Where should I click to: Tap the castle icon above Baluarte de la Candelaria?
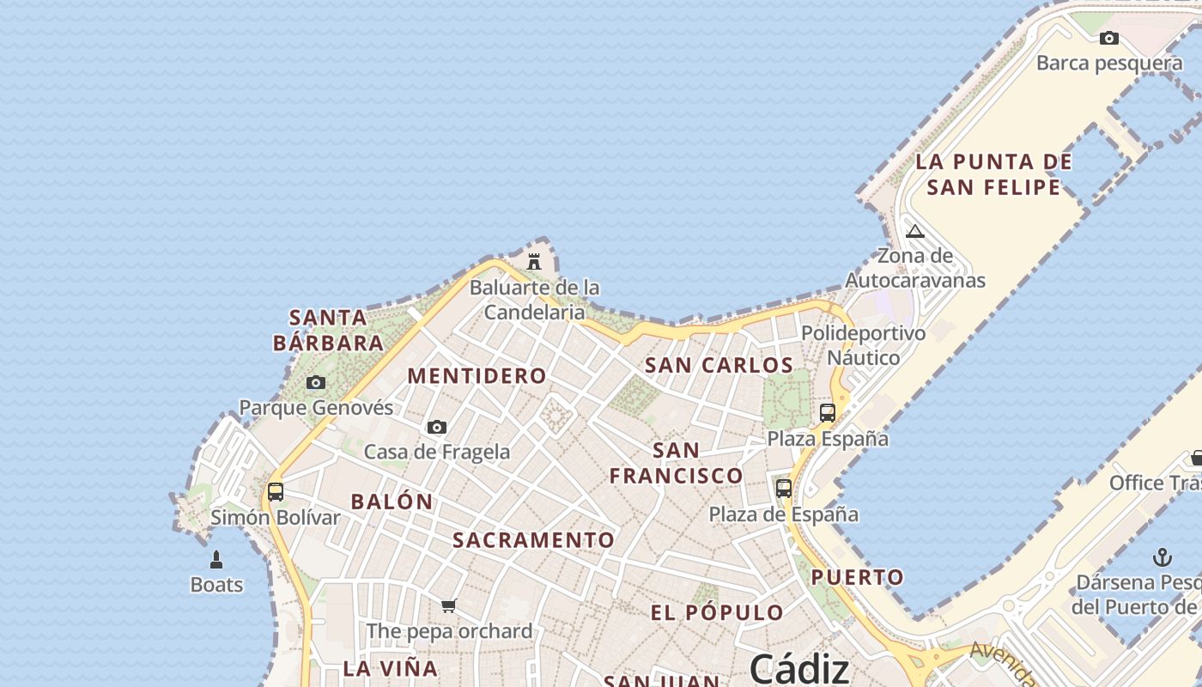click(534, 261)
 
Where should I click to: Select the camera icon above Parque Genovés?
click(316, 383)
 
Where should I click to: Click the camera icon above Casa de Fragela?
click(437, 427)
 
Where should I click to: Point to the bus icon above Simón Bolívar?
click(276, 492)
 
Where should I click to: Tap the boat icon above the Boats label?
click(216, 560)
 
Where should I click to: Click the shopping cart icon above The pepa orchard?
click(448, 606)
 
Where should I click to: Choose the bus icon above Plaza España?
click(828, 413)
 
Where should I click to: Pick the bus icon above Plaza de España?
click(784, 489)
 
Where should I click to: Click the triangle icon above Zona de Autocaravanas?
click(915, 231)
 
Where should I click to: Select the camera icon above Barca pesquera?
click(1109, 38)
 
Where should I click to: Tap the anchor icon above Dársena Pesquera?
click(1162, 557)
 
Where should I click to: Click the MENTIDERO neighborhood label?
click(477, 376)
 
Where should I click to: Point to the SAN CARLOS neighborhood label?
click(719, 365)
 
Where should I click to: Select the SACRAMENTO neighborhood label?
click(533, 540)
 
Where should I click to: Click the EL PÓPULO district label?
click(717, 613)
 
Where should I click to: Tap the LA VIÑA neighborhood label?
click(390, 668)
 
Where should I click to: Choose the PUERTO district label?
click(858, 577)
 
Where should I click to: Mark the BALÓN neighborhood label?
click(392, 502)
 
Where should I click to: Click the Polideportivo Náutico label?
click(863, 345)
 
